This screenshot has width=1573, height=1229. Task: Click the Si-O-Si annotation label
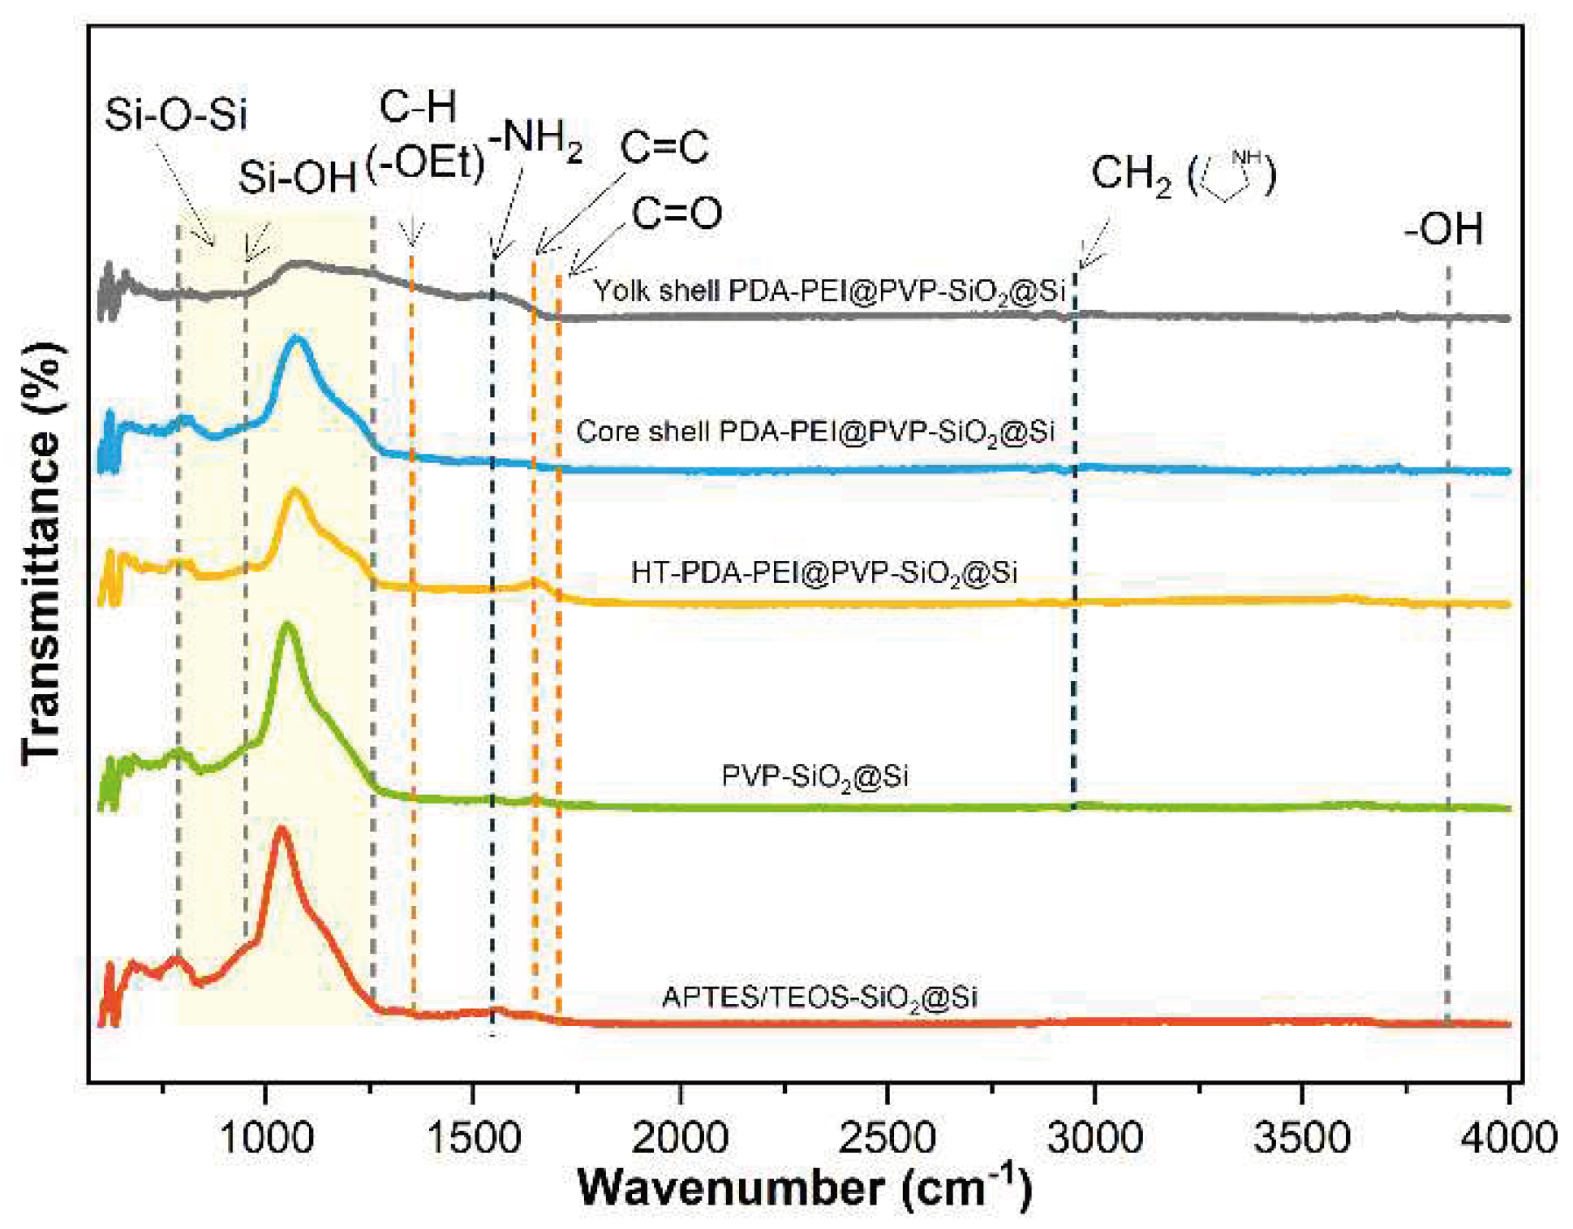[x=176, y=114]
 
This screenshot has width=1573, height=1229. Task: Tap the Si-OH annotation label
[x=298, y=177]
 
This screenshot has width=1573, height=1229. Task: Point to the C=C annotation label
[x=664, y=148]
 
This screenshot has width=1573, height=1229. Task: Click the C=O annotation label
[x=677, y=213]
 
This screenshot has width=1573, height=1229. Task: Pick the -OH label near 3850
[x=1443, y=229]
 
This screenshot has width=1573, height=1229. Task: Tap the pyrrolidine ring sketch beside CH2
[x=1231, y=174]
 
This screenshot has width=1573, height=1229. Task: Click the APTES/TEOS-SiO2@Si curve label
[x=819, y=998]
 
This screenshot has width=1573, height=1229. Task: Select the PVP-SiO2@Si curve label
[x=814, y=777]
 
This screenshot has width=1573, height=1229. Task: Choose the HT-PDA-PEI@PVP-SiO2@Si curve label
[x=823, y=573]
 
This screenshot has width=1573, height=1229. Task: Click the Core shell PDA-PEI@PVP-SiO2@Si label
[x=814, y=432]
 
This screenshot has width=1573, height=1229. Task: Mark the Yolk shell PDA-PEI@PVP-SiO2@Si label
[x=828, y=291]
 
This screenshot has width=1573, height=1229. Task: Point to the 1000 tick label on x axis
[x=266, y=1137]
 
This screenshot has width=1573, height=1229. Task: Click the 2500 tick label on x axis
[x=887, y=1137]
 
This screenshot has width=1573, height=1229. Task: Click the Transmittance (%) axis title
[x=42, y=552]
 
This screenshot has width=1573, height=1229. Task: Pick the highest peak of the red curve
[x=282, y=830]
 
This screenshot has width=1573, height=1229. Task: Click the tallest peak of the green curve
[x=286, y=626]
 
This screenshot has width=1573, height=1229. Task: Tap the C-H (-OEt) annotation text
[x=424, y=136]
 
